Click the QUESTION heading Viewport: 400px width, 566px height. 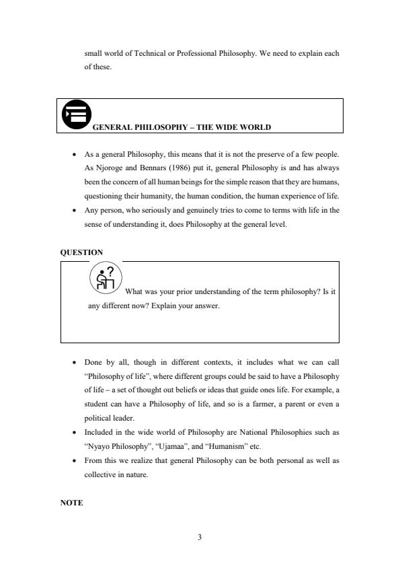coord(81,252)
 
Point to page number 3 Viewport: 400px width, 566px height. coord(200,537)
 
